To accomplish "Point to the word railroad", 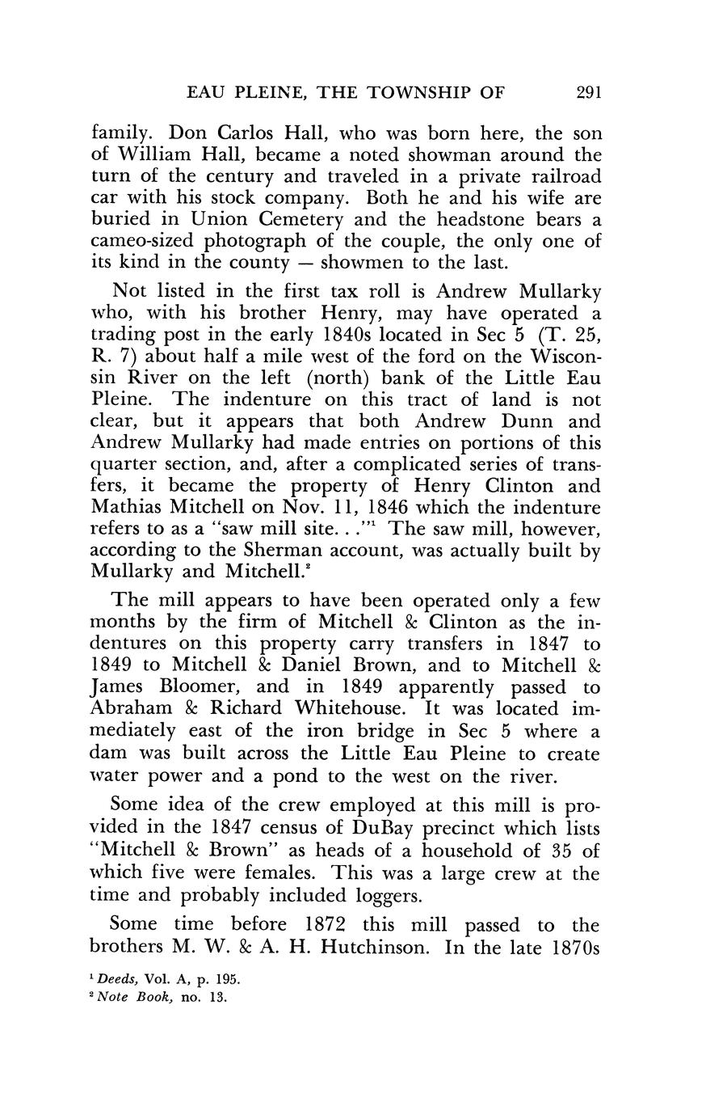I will point(557,176).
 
